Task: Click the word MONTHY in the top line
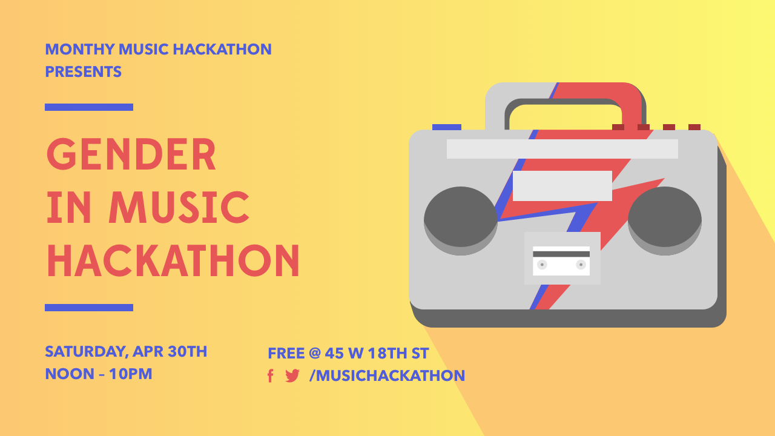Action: click(x=80, y=49)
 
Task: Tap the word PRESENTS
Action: click(x=84, y=71)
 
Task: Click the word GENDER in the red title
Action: click(x=131, y=154)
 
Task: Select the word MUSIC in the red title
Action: click(x=179, y=207)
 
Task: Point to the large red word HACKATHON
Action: click(x=173, y=260)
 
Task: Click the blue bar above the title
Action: click(x=89, y=107)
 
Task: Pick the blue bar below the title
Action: click(x=89, y=307)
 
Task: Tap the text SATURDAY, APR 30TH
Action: click(x=126, y=352)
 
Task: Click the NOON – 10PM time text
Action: click(x=99, y=374)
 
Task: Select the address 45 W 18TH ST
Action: click(x=377, y=353)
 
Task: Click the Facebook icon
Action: click(x=271, y=376)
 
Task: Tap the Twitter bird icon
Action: click(x=292, y=376)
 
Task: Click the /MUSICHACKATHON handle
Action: click(x=387, y=376)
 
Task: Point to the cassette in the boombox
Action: click(x=561, y=261)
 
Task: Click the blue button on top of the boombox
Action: click(x=447, y=127)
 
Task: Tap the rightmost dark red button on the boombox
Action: click(x=694, y=127)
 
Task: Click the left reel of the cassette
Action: click(x=542, y=265)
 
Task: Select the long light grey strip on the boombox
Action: click(x=562, y=149)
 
